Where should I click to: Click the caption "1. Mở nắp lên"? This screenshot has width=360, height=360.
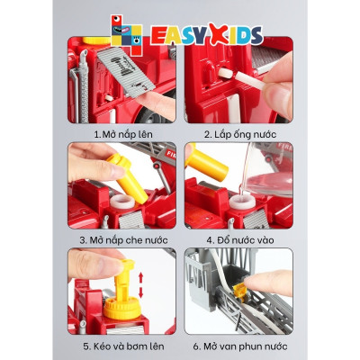(124, 133)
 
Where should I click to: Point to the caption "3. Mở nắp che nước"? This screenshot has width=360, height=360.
(124, 239)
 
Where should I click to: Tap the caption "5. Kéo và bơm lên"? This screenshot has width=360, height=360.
(124, 346)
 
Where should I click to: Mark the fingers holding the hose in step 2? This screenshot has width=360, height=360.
(270, 90)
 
